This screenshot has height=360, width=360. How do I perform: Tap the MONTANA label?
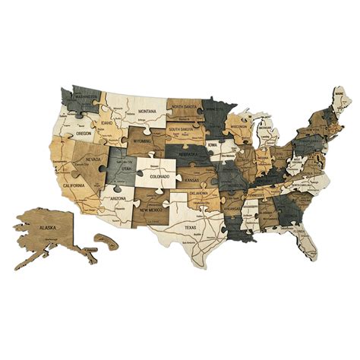147,111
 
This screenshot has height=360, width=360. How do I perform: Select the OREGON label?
84,134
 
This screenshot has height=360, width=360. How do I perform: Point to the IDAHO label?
106,123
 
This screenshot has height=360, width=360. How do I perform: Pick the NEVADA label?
93,159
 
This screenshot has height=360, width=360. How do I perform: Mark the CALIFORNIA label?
77,185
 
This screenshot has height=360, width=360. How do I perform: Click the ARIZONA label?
118,197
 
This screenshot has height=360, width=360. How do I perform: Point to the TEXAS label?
190,227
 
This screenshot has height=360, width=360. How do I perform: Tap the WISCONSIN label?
240,127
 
